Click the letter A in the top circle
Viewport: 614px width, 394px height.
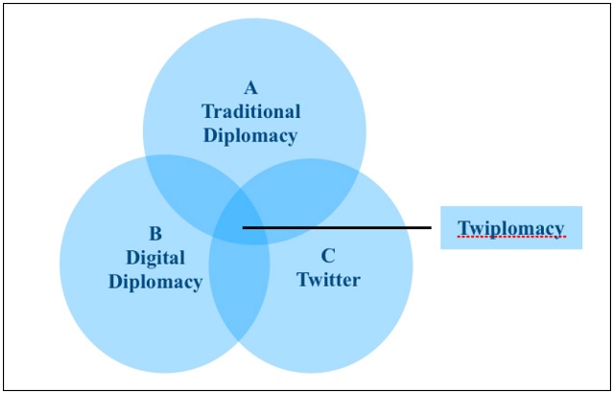coord(250,87)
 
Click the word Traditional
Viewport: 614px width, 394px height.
coord(251,111)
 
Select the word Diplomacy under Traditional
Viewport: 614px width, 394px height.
coord(250,135)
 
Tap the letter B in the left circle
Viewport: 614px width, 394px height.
coord(154,234)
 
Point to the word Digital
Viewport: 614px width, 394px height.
coord(155,258)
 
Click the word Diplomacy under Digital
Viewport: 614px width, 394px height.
coord(155,282)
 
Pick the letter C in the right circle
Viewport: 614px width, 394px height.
coord(328,256)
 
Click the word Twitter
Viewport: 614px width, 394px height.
coord(328,280)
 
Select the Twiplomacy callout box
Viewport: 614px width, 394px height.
coord(510,228)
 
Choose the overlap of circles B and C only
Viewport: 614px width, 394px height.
coord(241,297)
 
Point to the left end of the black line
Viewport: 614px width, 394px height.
coord(244,228)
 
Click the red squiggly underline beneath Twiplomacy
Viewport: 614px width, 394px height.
coord(510,237)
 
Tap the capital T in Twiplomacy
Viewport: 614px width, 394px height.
coord(463,228)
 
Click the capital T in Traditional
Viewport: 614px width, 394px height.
coord(207,111)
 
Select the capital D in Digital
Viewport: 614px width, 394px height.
coord(131,258)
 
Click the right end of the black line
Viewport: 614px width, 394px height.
coord(430,228)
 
